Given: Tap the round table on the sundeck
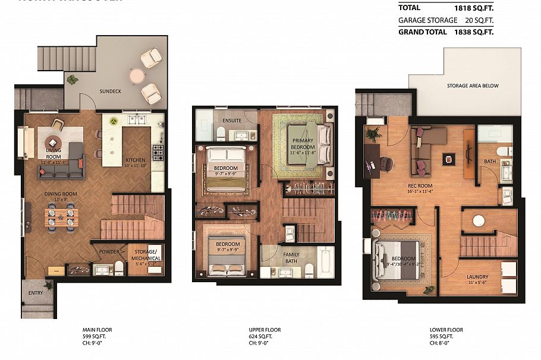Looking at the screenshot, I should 137,75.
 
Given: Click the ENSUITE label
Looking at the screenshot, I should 232,121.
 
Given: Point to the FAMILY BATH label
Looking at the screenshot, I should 291,258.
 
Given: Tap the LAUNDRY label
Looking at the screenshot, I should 477,277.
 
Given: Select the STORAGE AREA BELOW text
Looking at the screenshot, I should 473,86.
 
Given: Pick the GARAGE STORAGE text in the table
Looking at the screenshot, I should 427,20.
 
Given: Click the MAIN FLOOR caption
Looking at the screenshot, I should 97,330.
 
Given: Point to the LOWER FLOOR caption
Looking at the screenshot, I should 446,330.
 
